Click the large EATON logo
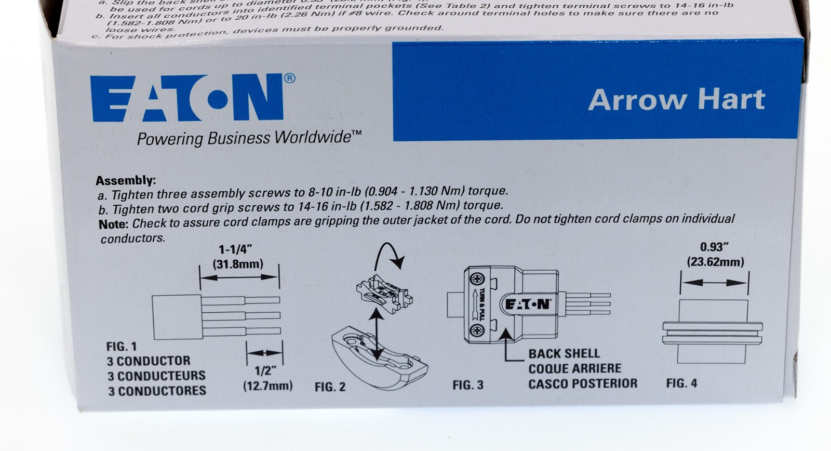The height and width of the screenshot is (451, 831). pyautogui.click(x=187, y=99)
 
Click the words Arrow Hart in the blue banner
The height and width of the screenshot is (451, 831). pyautogui.click(x=676, y=100)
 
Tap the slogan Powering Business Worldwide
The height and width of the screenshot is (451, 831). pyautogui.click(x=249, y=138)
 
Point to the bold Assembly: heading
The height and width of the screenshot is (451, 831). pyautogui.click(x=125, y=181)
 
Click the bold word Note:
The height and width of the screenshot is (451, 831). pyautogui.click(x=113, y=224)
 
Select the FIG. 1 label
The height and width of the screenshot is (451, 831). pyautogui.click(x=122, y=347)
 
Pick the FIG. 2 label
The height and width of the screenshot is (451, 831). pyautogui.click(x=330, y=387)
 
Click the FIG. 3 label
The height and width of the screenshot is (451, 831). pyautogui.click(x=468, y=385)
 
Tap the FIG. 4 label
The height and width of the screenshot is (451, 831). pyautogui.click(x=682, y=383)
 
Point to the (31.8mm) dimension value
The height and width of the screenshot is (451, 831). pyautogui.click(x=238, y=264)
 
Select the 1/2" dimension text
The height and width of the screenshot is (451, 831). pyautogui.click(x=265, y=371)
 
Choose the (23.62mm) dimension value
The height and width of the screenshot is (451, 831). pyautogui.click(x=715, y=262)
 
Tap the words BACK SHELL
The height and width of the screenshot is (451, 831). pyautogui.click(x=564, y=354)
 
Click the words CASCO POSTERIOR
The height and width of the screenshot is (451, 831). pyautogui.click(x=583, y=383)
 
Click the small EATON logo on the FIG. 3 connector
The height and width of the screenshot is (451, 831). pyautogui.click(x=527, y=304)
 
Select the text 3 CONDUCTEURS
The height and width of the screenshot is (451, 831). pyautogui.click(x=156, y=376)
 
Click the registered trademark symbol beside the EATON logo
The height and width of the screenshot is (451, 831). pyautogui.click(x=290, y=78)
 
